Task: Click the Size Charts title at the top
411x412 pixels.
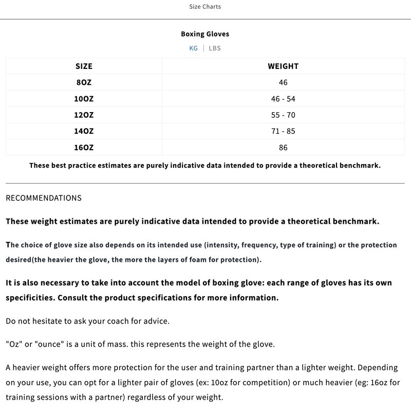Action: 205,7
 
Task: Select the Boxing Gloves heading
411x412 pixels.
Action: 205,34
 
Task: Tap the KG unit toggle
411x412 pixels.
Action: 193,48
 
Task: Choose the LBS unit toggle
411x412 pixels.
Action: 215,48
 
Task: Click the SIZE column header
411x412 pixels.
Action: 84,66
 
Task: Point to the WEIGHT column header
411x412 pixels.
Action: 283,66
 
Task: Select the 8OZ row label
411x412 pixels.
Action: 84,82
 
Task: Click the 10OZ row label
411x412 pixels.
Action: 84,99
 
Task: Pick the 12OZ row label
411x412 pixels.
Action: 84,115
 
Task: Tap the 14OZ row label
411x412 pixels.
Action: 84,131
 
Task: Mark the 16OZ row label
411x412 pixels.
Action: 84,148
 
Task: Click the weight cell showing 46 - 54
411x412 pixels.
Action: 283,99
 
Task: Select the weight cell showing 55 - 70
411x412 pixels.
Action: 283,115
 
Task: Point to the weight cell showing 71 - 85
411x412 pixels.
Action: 283,131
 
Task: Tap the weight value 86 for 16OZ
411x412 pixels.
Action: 283,148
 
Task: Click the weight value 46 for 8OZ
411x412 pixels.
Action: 283,82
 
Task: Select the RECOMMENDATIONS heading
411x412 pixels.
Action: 44,198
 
